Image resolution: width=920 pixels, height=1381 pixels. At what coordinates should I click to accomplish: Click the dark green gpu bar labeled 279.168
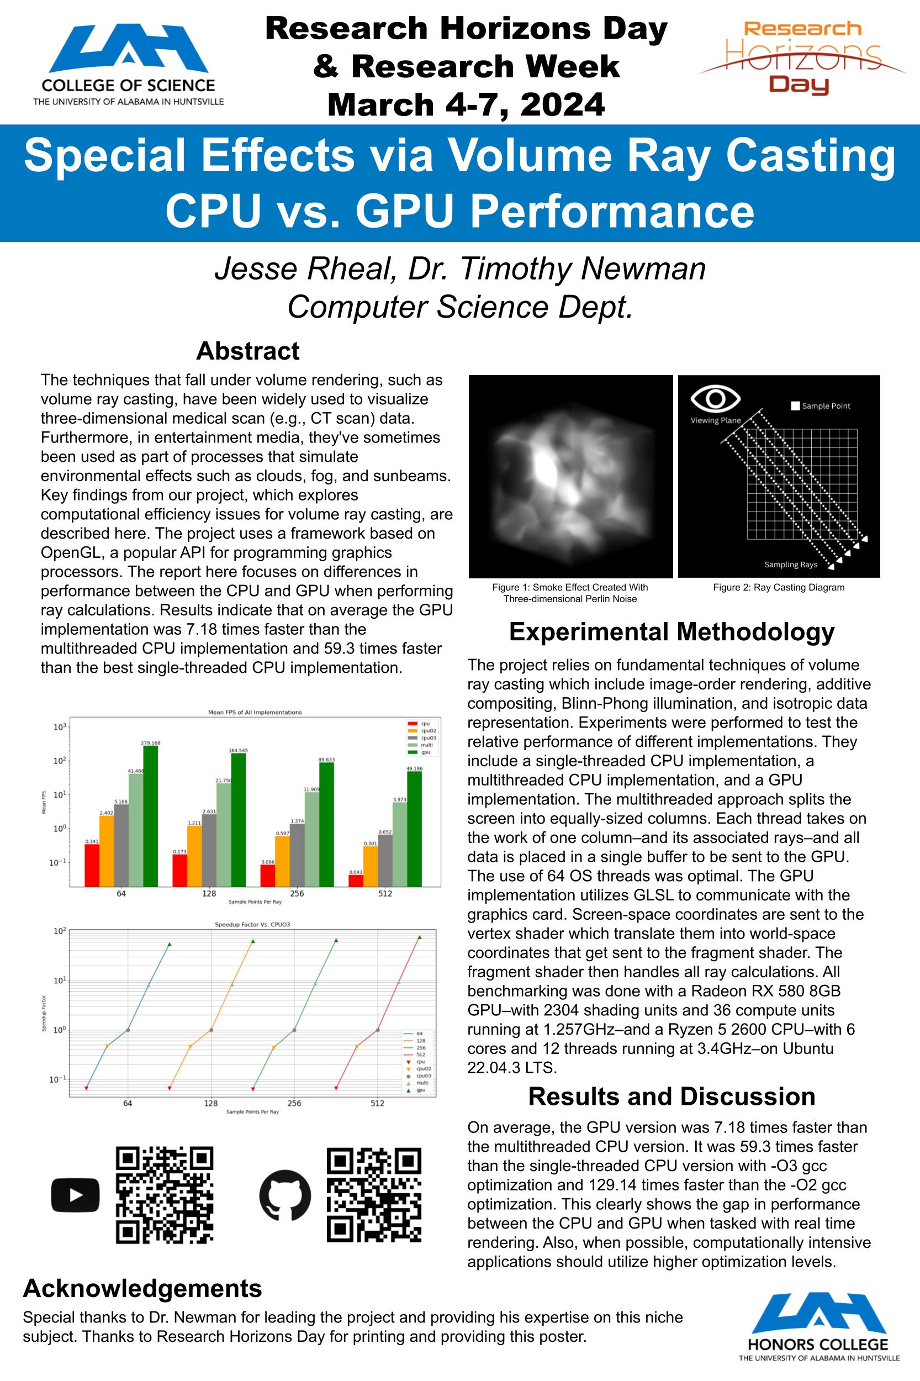[150, 816]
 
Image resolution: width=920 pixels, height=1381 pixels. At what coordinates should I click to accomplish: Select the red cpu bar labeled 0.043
[356, 881]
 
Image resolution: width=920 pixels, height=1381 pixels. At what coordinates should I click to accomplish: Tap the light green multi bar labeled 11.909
[311, 839]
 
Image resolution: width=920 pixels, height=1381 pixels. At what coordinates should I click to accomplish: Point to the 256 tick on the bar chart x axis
[297, 893]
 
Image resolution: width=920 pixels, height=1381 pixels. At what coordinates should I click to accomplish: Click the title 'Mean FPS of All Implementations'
[255, 713]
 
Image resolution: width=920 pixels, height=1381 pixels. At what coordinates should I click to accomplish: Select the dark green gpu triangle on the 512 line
[420, 937]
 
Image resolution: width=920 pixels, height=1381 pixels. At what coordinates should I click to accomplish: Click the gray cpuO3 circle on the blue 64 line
[128, 1030]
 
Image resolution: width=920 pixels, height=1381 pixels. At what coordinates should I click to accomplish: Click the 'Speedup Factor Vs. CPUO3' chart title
[252, 925]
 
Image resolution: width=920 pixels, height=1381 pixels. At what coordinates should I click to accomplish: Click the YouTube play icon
[75, 1195]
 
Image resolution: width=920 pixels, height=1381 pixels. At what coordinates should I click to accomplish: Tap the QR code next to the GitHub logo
[374, 1195]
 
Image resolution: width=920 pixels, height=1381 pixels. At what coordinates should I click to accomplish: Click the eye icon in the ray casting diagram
[715, 398]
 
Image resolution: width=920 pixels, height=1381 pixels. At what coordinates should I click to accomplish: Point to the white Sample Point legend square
[795, 405]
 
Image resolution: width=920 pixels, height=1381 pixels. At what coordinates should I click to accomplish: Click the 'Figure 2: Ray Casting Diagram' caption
[779, 588]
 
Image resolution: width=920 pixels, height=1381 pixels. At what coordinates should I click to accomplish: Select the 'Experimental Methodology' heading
[672, 632]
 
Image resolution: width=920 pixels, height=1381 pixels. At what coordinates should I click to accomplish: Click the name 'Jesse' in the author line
[257, 270]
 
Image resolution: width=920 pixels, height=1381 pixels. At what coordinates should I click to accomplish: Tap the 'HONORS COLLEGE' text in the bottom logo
[818, 1345]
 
